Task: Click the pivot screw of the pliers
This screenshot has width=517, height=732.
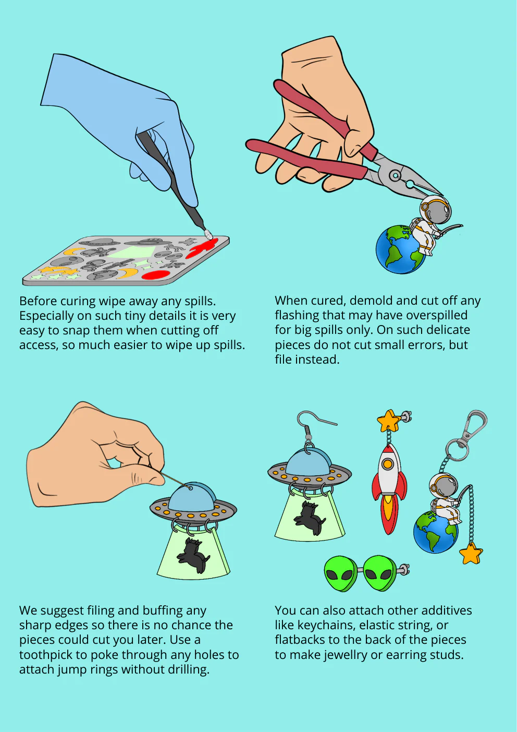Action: [x=395, y=175]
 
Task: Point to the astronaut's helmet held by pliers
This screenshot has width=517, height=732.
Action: [x=436, y=209]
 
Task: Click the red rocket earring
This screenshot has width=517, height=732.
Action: [x=389, y=488]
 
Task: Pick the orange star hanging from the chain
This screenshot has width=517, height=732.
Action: [x=471, y=553]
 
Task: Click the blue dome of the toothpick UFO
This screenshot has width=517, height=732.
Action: [x=192, y=497]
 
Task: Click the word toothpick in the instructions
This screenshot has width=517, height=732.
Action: [x=51, y=655]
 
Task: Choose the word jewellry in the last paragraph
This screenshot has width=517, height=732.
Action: [x=346, y=655]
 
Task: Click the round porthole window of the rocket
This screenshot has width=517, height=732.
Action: [x=388, y=463]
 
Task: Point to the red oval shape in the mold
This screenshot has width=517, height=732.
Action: [x=156, y=275]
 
